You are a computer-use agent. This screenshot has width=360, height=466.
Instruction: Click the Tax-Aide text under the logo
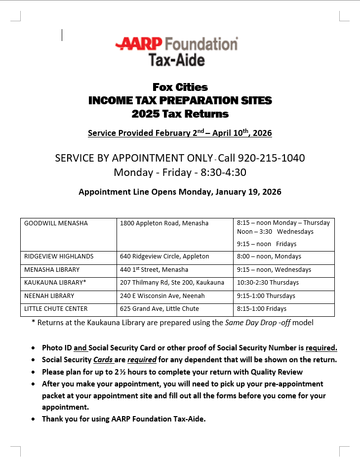[x=176, y=60]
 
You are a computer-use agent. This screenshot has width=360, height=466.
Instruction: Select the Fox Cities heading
[x=180, y=87]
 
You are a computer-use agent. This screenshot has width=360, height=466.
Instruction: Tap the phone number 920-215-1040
[x=271, y=158]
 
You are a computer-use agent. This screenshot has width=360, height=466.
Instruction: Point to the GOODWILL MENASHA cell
[x=56, y=223]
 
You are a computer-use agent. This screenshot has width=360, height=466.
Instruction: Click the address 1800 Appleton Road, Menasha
[x=164, y=223]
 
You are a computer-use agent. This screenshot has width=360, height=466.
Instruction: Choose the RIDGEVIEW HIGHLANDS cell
[x=59, y=256]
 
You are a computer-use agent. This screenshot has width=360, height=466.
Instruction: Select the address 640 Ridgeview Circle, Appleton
[x=164, y=256]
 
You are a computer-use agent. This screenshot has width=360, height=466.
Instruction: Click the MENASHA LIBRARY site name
[x=52, y=270]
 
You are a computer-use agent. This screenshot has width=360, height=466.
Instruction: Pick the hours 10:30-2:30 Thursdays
[x=268, y=283]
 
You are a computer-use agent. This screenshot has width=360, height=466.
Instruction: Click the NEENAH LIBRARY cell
[x=49, y=296]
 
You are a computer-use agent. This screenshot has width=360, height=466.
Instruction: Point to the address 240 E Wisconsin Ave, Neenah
[x=162, y=296]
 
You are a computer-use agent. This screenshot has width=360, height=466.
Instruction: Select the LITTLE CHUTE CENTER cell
[x=56, y=309]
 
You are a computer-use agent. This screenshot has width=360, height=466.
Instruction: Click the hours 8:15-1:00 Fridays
[x=262, y=309]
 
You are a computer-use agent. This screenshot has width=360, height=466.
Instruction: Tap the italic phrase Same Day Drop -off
[x=257, y=323]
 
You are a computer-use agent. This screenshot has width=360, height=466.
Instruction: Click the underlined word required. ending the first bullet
[x=321, y=348]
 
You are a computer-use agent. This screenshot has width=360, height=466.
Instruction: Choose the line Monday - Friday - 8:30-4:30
[x=180, y=172]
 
